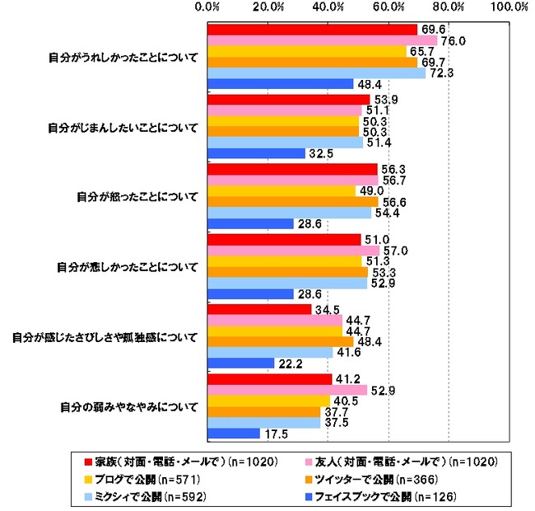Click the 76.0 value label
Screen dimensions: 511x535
[455, 40]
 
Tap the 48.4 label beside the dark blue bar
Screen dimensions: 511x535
[367, 84]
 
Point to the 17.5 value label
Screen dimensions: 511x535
[273, 434]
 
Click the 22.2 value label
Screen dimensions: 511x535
[288, 363]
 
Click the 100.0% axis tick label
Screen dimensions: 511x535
[510, 7]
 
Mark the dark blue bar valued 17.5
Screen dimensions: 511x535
[234, 434]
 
